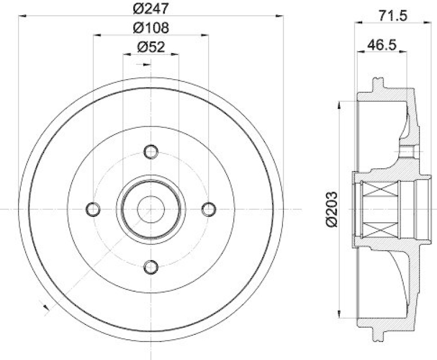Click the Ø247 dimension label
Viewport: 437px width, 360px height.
pyautogui.click(x=151, y=9)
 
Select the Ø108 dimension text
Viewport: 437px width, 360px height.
pyautogui.click(x=151, y=27)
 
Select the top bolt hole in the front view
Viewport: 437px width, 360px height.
pyautogui.click(x=151, y=151)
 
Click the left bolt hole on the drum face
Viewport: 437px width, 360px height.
pyautogui.click(x=93, y=209)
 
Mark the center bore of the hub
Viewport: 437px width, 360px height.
pyautogui.click(x=151, y=209)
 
